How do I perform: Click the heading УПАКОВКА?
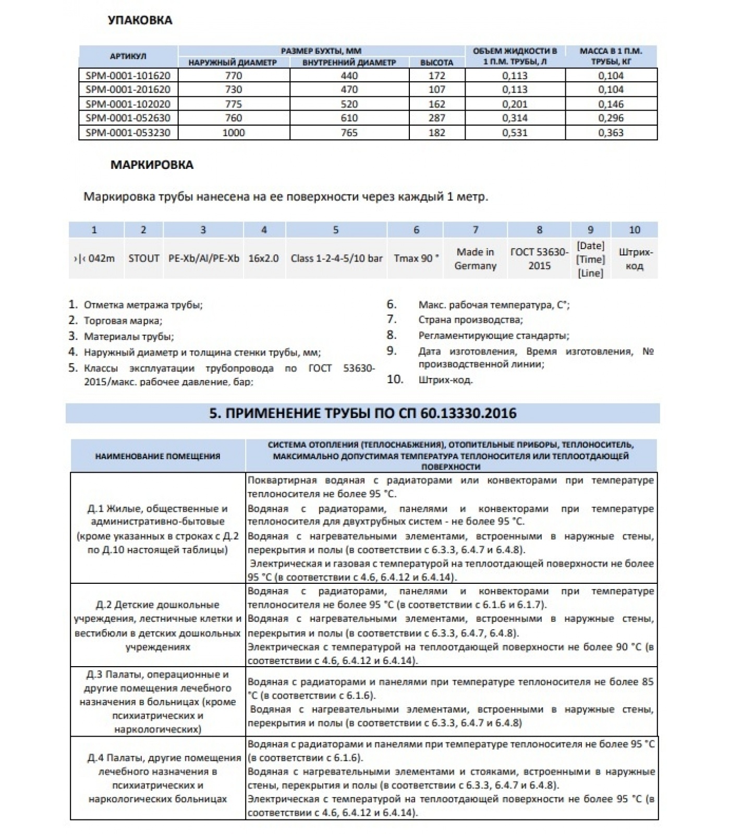[x=140, y=20]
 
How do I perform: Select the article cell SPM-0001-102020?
[x=128, y=104]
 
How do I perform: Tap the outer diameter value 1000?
[x=233, y=132]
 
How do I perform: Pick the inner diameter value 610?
[x=349, y=118]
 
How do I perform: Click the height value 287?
[x=437, y=118]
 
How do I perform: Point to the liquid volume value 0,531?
[x=515, y=132]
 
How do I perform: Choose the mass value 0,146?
[x=611, y=104]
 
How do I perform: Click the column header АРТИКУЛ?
[x=128, y=56]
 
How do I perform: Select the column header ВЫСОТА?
[x=437, y=63]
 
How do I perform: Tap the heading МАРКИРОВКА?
[x=152, y=165]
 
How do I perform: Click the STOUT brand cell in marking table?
[x=143, y=259]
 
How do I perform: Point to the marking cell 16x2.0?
[x=264, y=259]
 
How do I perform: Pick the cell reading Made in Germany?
[x=475, y=259]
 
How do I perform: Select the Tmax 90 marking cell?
[x=416, y=259]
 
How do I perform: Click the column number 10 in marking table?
[x=634, y=230]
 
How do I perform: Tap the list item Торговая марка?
[x=123, y=321]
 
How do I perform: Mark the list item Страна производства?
[x=470, y=320]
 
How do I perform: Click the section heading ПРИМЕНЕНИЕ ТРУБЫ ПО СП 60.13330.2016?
[x=362, y=413]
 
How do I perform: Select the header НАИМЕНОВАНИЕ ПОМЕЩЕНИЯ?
[x=157, y=456]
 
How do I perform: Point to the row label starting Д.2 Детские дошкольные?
[x=157, y=626]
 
